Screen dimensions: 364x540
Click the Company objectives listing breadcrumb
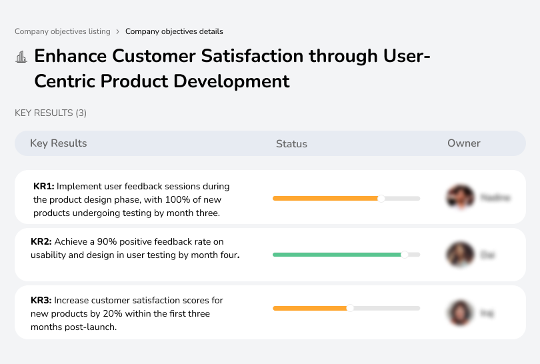63,31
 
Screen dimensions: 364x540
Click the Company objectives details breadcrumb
174,31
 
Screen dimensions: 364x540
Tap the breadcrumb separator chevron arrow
118,31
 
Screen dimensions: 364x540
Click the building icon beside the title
21,57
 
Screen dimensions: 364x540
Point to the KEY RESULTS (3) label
51,113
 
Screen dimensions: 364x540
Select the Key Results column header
58,143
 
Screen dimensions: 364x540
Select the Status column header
291,143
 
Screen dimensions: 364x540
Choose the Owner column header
464,143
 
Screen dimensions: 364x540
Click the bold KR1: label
44,187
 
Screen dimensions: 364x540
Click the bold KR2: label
41,241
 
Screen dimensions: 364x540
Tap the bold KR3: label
41,301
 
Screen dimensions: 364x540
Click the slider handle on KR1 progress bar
381,198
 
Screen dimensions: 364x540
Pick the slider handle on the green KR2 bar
404,255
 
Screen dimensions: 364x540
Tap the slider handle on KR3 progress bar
350,308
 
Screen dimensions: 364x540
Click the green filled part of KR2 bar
337,255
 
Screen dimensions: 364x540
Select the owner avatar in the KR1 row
459,198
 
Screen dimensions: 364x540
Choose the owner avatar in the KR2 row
459,255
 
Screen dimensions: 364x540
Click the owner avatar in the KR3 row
459,313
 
